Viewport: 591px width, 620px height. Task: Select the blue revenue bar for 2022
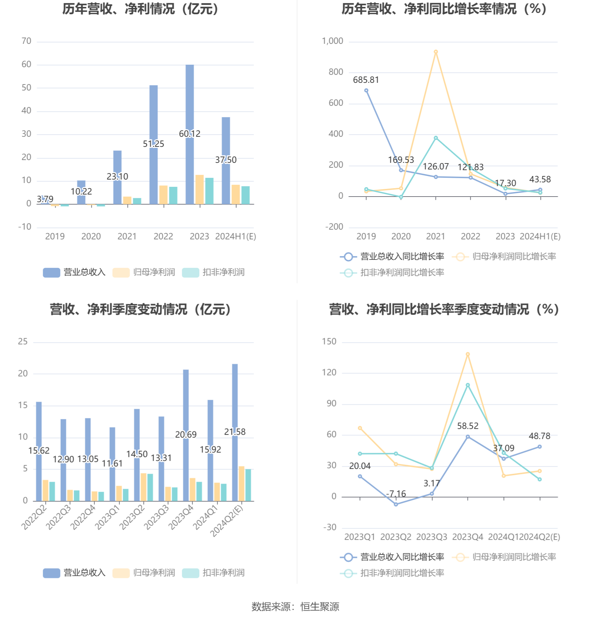153,115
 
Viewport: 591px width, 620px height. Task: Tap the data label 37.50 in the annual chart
226,160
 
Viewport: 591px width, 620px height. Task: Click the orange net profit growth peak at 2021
436,52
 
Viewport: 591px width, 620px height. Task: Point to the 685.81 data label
366,80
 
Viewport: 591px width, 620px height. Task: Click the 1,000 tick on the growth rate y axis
332,41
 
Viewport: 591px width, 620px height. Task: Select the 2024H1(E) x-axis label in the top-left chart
235,237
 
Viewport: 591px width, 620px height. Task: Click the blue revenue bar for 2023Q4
186,400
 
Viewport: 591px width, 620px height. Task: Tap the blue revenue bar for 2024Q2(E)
235,397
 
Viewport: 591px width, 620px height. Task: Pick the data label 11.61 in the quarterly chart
112,463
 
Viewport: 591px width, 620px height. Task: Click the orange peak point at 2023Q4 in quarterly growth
468,354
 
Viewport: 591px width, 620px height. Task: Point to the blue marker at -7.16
396,504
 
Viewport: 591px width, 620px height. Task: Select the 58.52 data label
468,426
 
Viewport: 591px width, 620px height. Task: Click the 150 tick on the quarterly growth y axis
329,342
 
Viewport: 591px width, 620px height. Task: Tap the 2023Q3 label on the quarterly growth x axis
431,537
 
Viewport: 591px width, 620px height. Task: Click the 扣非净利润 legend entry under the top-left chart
213,272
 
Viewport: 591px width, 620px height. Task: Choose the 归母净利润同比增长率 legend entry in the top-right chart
504,256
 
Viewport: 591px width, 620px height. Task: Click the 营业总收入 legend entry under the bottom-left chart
74,573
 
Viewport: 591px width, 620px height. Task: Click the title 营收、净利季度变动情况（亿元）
140,309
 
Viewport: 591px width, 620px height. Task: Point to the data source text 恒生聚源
319,607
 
